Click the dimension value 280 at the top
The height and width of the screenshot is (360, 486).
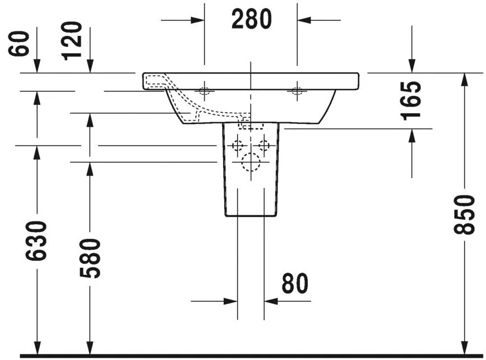pyautogui.click(x=251, y=20)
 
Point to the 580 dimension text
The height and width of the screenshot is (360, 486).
pyautogui.click(x=90, y=258)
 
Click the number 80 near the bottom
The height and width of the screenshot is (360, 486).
pyautogui.click(x=295, y=284)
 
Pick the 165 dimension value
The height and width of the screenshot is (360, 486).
pyautogui.click(x=412, y=100)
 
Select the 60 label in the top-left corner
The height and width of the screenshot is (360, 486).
pyautogui.click(x=20, y=43)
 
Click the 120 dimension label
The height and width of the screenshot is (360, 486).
pyautogui.click(x=72, y=40)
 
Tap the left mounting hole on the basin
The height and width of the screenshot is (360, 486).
pyautogui.click(x=205, y=91)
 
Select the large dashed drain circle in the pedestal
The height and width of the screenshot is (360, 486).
pyautogui.click(x=251, y=163)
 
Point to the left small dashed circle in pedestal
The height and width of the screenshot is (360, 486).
pyautogui.click(x=238, y=146)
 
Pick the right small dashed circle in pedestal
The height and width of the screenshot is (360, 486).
pyautogui.click(x=263, y=146)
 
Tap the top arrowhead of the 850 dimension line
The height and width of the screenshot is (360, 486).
pyautogui.click(x=464, y=79)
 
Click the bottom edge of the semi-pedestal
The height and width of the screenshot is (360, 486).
pyautogui.click(x=251, y=216)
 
